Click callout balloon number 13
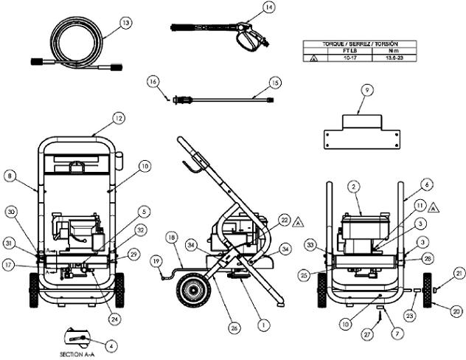[126, 23]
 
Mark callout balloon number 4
[111, 343]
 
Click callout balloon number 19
[156, 261]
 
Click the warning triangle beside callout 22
[299, 221]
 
